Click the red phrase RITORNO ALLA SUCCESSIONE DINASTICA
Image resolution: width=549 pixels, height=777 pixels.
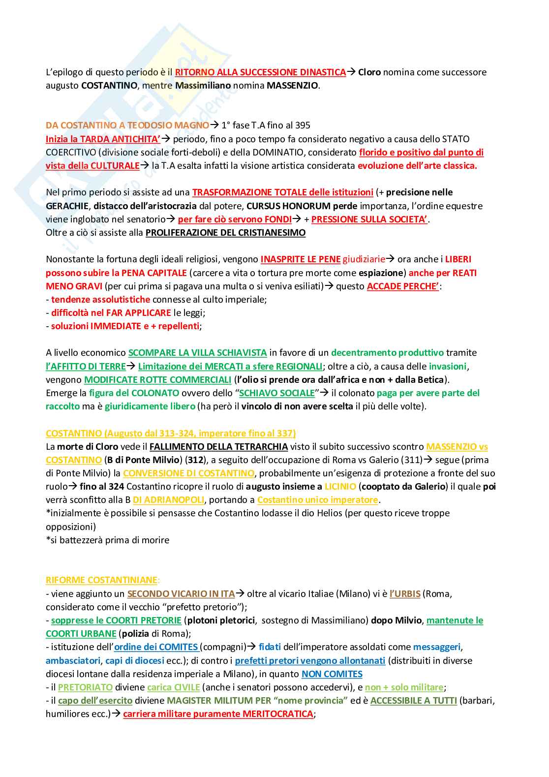[x=260, y=72]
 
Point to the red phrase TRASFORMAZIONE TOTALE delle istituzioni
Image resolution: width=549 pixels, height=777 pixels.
[x=282, y=192]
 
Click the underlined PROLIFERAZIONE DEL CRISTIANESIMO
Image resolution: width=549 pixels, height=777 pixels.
[x=225, y=233]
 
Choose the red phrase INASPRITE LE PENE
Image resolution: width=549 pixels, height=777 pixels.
[x=300, y=259]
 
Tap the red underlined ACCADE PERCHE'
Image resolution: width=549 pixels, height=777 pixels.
[x=403, y=286]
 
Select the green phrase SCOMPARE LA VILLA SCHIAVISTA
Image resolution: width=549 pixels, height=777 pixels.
[x=197, y=353]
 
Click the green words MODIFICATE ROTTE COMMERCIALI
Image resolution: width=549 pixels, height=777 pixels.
[x=157, y=380]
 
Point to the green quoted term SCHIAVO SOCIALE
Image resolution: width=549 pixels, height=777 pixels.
[x=276, y=393]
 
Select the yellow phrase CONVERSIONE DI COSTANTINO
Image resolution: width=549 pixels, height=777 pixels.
[x=188, y=473]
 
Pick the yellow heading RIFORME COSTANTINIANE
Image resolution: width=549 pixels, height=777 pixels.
[x=102, y=580]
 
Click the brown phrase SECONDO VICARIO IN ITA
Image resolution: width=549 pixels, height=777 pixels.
[x=181, y=594]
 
